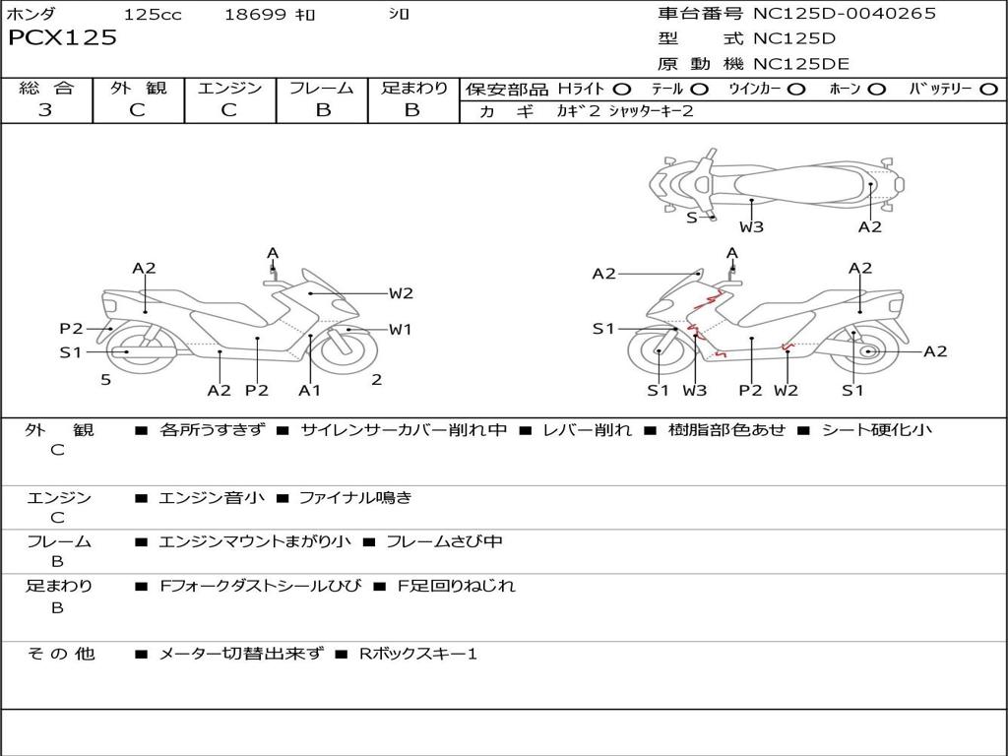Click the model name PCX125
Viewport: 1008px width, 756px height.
[62, 38]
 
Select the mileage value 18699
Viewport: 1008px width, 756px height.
[255, 14]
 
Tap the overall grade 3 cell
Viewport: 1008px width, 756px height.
[45, 110]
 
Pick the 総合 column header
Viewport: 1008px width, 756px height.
[45, 88]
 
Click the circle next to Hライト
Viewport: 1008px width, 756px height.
[622, 89]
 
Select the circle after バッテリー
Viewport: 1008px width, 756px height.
[988, 89]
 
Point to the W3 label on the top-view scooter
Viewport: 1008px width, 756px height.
[752, 227]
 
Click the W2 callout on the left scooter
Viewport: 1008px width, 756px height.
[400, 292]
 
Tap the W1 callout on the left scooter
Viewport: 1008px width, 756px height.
[400, 330]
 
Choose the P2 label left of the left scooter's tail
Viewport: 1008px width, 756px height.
[71, 329]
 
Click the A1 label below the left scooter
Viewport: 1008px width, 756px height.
[310, 390]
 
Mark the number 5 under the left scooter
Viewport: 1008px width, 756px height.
[105, 379]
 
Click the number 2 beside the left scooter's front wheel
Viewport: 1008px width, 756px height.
[376, 379]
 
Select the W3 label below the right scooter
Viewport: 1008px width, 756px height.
[695, 390]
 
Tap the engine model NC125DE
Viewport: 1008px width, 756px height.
[802, 64]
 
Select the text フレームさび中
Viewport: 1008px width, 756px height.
[444, 541]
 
